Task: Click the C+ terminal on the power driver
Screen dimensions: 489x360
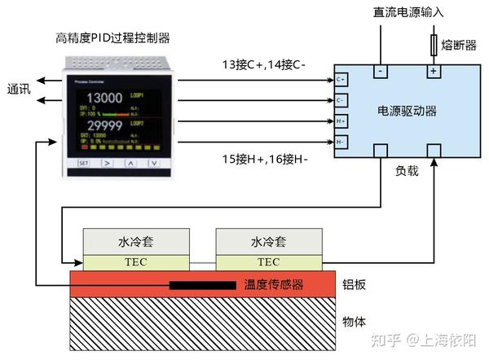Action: click(341, 79)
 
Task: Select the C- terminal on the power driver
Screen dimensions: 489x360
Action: click(341, 99)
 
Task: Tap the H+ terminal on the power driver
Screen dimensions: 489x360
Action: click(341, 121)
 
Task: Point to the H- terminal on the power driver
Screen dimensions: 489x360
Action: click(341, 141)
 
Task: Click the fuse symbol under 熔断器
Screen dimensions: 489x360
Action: click(434, 43)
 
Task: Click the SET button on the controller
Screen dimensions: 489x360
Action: click(83, 163)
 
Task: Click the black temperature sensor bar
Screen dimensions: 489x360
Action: click(204, 286)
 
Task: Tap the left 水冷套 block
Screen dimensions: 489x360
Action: click(137, 242)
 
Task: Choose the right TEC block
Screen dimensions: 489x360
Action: click(268, 262)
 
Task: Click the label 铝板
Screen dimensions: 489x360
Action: click(355, 284)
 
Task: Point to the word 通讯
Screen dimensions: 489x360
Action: click(19, 90)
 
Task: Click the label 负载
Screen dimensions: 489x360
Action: click(407, 172)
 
